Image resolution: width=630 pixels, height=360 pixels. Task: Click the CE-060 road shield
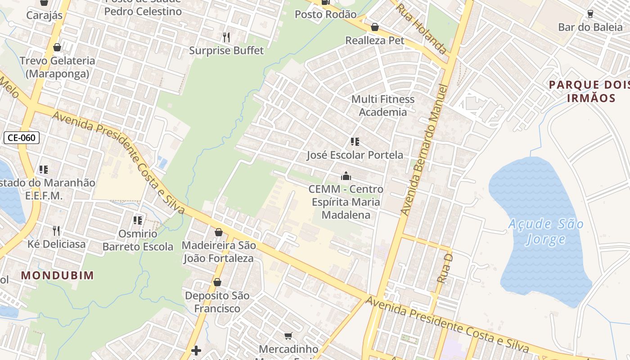click(x=22, y=138)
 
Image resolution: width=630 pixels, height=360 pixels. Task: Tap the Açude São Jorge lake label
click(x=546, y=231)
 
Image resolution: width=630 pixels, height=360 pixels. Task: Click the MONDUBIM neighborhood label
click(x=58, y=275)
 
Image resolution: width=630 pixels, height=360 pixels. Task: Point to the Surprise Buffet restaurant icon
click(x=226, y=37)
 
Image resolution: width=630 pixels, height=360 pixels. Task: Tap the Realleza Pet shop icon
click(x=374, y=27)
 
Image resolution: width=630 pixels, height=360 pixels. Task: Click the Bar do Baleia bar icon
click(x=590, y=13)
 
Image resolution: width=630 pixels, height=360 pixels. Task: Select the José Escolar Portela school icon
click(x=355, y=142)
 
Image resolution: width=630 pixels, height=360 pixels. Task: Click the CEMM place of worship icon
click(x=346, y=175)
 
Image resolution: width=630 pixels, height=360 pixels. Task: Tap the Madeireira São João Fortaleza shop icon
click(x=219, y=232)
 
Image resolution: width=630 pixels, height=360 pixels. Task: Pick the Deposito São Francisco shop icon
click(x=217, y=282)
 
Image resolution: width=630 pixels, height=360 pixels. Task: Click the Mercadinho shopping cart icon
click(x=288, y=336)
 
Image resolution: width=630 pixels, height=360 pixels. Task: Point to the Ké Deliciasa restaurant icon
click(x=56, y=231)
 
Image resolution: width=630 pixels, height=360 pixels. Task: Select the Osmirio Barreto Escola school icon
click(x=138, y=220)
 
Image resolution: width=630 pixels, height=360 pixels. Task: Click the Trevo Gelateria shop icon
click(x=57, y=47)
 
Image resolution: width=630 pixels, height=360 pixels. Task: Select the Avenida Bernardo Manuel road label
click(x=425, y=149)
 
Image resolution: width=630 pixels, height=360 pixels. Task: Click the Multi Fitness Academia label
click(x=382, y=105)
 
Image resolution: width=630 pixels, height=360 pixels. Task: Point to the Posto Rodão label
click(x=325, y=14)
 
